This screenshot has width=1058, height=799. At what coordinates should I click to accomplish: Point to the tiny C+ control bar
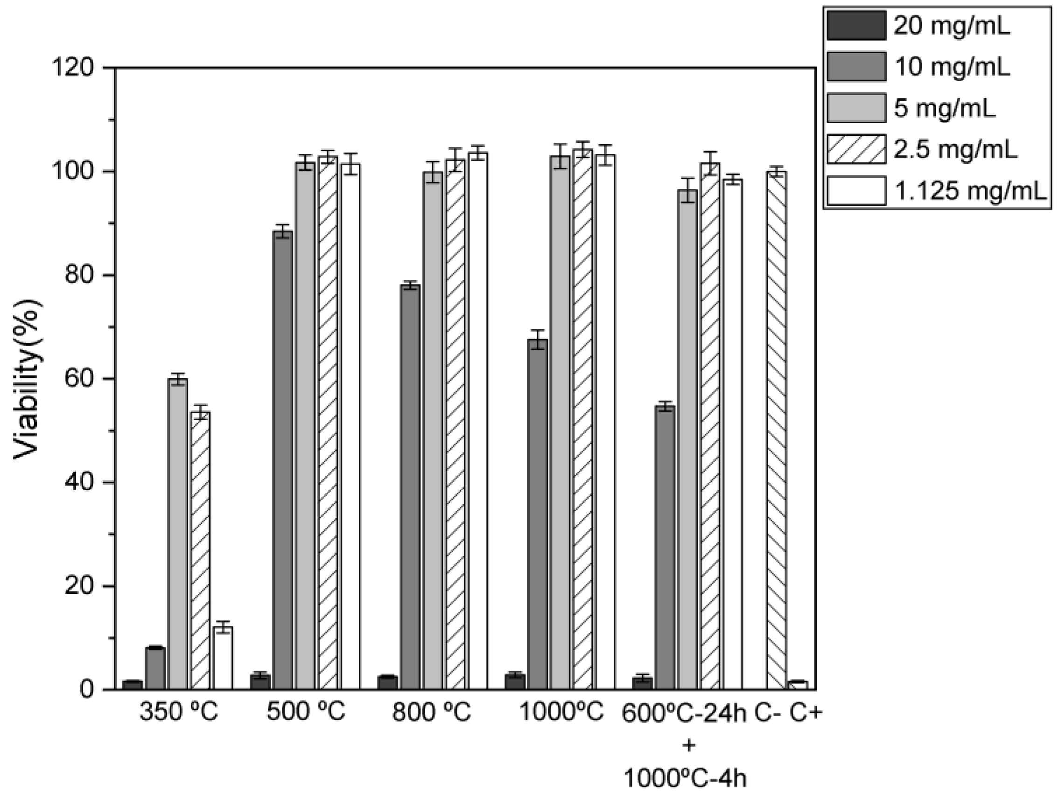coord(798,685)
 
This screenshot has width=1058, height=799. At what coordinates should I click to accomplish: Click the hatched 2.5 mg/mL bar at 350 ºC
coord(200,550)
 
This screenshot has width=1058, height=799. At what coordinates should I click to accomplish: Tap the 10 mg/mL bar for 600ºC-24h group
coord(665,548)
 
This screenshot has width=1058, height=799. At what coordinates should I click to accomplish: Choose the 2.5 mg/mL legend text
coord(956,150)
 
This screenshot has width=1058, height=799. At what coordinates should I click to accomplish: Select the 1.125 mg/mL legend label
coord(970,191)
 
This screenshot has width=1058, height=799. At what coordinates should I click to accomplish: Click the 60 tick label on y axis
coord(79,379)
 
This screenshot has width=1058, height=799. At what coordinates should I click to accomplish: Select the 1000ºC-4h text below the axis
coord(686,779)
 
